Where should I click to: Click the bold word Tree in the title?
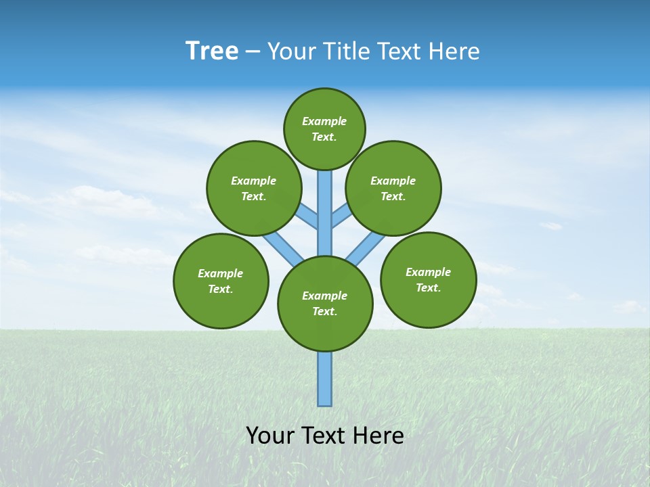pos(212,51)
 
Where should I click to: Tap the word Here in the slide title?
pos(456,51)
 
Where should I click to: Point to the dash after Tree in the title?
pos(253,52)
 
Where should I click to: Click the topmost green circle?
pos(324,129)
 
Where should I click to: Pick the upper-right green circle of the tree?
pos(393,188)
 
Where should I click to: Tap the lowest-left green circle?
pos(221,281)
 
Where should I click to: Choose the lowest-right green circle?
pos(428,279)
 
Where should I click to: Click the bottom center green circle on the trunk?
pos(325,304)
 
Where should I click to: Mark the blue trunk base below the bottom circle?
pos(325,379)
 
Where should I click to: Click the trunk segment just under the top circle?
pos(325,203)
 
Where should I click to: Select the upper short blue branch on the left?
pos(307,216)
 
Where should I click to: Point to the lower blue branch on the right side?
pos(366,248)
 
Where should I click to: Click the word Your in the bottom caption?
pos(269,436)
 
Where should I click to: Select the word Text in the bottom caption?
pos(322,436)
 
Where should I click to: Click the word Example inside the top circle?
pos(324,121)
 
